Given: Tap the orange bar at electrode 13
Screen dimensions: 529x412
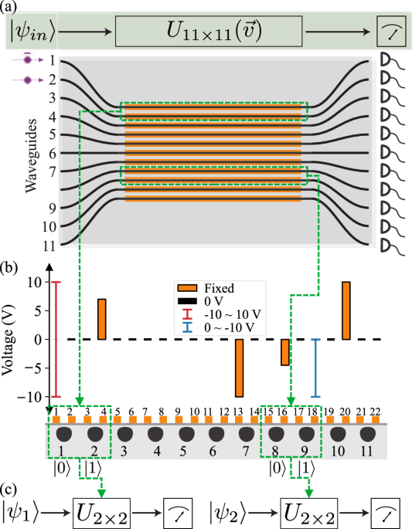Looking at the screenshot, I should pos(240,368).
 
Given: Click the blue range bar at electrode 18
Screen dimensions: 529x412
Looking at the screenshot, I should pos(315,368).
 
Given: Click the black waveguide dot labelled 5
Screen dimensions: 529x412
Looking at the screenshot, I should pos(179,432).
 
